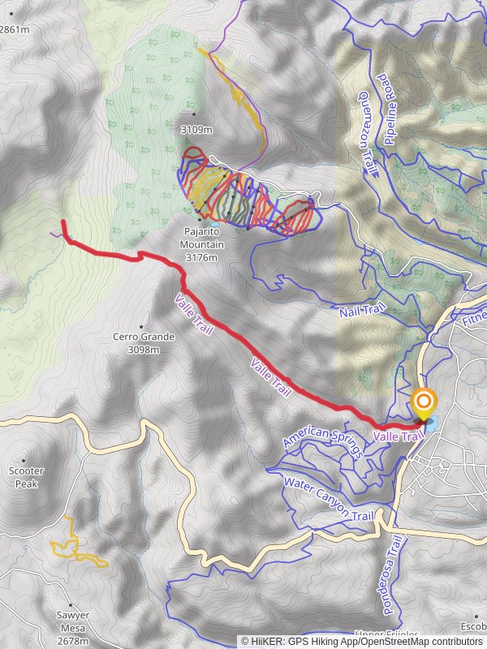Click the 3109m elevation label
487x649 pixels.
click(x=196, y=129)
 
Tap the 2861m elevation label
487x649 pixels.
click(x=15, y=30)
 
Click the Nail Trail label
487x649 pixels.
click(x=360, y=310)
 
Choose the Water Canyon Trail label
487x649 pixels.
click(x=328, y=497)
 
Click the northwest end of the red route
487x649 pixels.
click(x=62, y=221)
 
